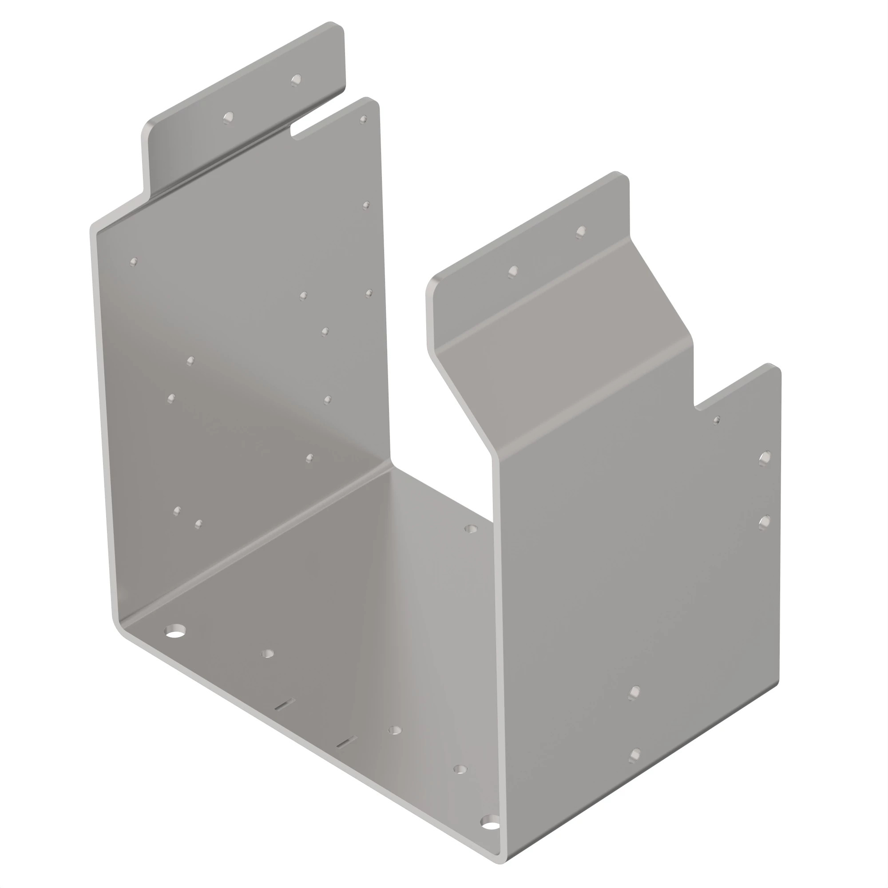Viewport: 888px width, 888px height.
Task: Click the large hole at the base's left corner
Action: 174,631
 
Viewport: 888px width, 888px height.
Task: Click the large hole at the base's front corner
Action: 491,822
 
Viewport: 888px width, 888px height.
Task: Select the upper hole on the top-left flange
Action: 297,80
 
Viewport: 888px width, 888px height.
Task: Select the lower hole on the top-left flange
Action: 228,118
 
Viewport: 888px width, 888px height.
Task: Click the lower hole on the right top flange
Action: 513,271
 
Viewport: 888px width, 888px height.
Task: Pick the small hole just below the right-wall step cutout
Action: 716,420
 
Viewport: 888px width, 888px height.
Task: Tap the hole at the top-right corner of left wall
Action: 363,119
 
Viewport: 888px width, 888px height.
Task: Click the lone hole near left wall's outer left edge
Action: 134,262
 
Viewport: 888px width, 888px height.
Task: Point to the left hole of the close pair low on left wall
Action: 177,511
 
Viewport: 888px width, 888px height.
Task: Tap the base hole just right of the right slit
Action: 394,730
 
